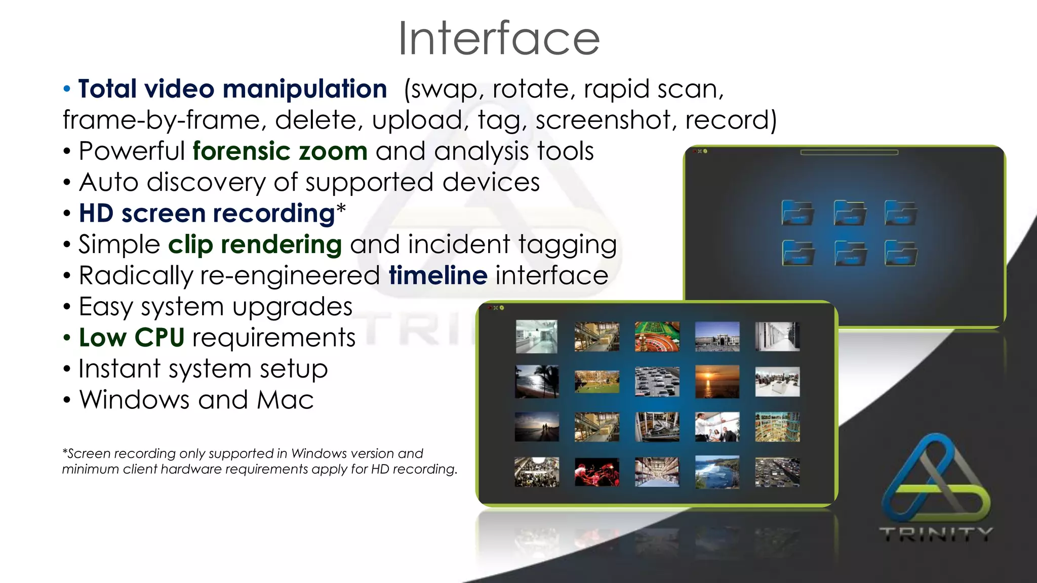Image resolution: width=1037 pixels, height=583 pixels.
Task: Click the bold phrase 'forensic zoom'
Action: pos(280,151)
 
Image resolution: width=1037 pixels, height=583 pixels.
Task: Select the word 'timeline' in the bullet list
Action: pos(438,276)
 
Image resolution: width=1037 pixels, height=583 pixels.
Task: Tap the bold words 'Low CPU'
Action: pos(132,338)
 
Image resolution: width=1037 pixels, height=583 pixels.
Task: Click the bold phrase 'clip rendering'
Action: pos(255,245)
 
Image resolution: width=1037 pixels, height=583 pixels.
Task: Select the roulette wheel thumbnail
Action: pos(657,337)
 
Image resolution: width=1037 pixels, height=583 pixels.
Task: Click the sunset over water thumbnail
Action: pos(717,382)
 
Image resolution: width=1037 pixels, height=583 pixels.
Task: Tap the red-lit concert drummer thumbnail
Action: pos(597,472)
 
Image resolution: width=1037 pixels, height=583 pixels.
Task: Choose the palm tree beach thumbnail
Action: pos(537,382)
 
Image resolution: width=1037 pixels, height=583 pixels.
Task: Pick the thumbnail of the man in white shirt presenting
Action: pos(717,427)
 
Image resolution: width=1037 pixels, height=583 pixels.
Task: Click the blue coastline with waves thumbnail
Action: pos(717,472)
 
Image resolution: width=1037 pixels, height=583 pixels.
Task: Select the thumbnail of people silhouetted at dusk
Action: pos(537,427)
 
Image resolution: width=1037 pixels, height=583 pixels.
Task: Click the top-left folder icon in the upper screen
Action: pos(797,213)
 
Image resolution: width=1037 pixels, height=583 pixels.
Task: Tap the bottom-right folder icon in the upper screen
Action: pos(901,253)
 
